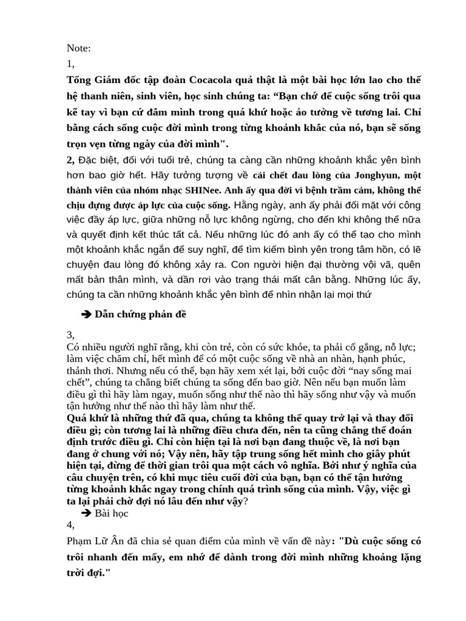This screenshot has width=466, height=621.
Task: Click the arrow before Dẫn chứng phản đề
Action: (86, 314)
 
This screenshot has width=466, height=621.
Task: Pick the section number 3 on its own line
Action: (70, 335)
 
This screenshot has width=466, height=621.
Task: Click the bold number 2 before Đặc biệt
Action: (70, 159)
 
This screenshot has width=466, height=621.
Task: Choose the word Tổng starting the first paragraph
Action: (80, 80)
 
